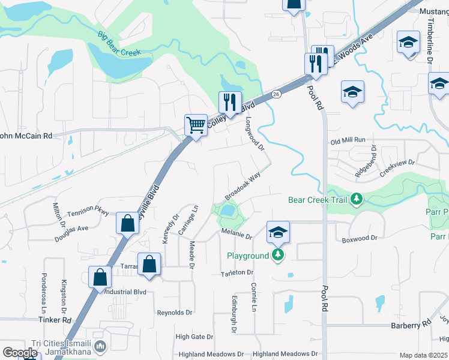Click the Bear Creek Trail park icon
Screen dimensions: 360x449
pyautogui.click(x=357, y=199)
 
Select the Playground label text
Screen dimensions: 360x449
pyautogui.click(x=248, y=256)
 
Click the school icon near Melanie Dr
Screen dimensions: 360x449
pyautogui.click(x=278, y=232)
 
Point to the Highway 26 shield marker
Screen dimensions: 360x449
pyautogui.click(x=276, y=94)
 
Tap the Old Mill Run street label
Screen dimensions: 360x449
pyautogui.click(x=348, y=140)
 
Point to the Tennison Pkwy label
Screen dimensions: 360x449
pyautogui.click(x=88, y=212)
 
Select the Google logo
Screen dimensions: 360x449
pyautogui.click(x=19, y=353)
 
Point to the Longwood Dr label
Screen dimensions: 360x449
pyautogui.click(x=255, y=134)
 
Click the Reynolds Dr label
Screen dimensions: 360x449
pyautogui.click(x=175, y=313)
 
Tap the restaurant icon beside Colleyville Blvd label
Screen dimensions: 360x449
pyautogui.click(x=230, y=103)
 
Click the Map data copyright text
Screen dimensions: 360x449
pyautogui.click(x=423, y=355)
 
